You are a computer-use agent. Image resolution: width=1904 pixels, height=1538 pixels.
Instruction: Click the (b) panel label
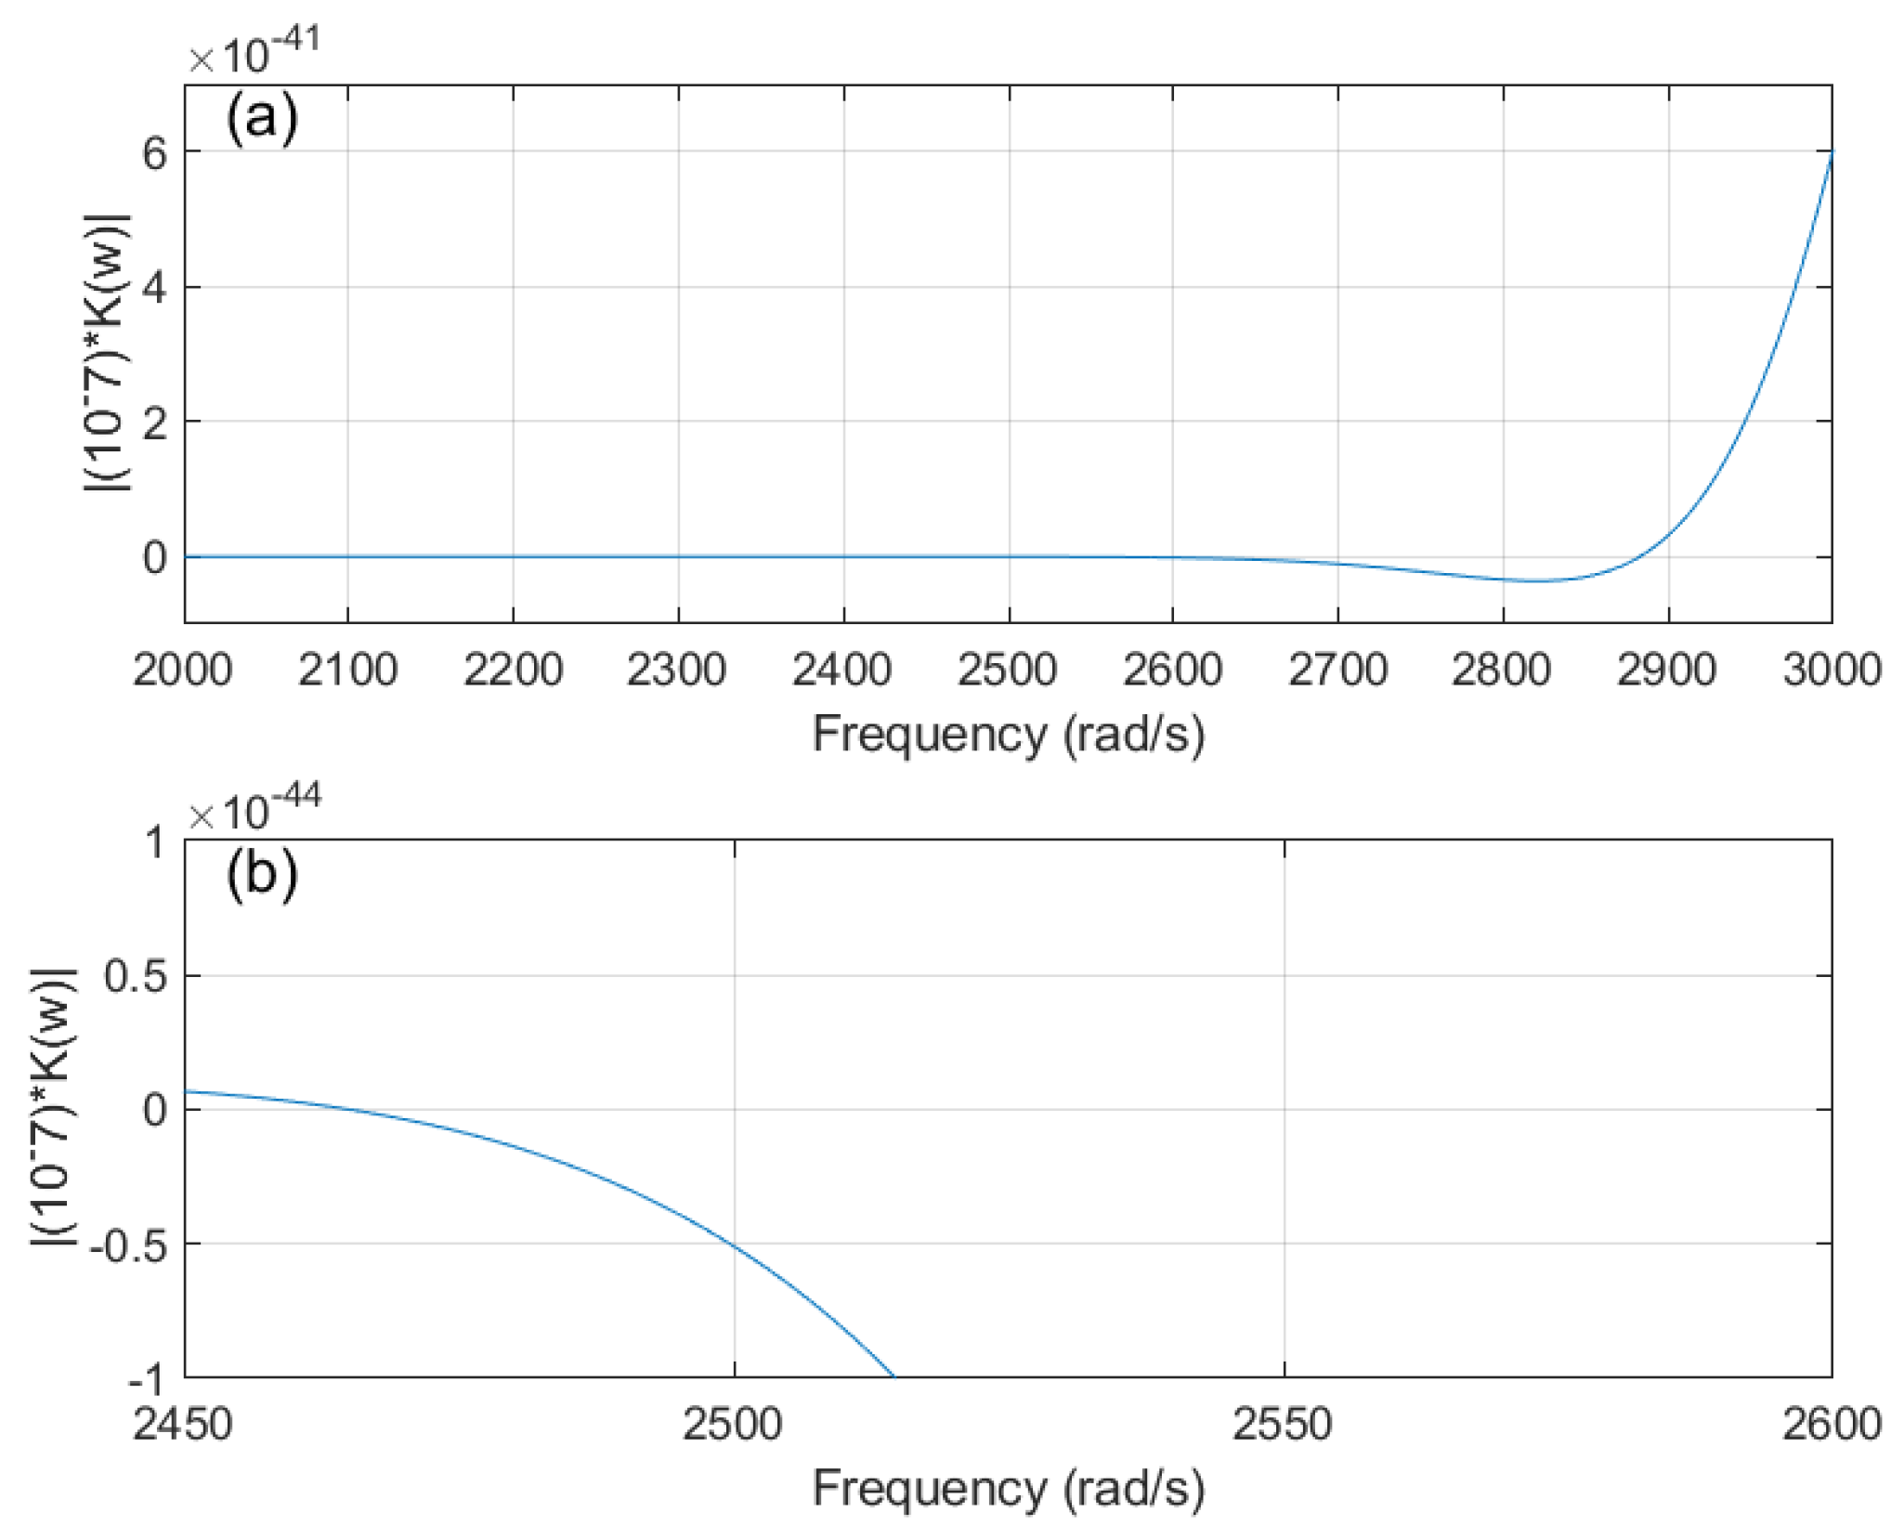[x=261, y=875]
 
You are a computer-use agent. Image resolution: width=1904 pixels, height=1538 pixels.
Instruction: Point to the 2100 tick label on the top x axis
[x=347, y=671]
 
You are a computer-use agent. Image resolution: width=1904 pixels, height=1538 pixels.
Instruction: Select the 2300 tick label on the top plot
[x=677, y=671]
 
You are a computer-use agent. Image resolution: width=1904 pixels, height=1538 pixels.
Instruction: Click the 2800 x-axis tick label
[x=1502, y=671]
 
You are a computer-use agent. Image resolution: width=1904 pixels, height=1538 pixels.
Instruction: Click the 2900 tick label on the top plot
[x=1667, y=671]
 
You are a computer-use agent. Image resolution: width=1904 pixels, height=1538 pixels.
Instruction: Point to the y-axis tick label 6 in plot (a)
[x=155, y=153]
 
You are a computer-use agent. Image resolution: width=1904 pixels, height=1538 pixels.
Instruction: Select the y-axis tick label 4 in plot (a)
[x=155, y=288]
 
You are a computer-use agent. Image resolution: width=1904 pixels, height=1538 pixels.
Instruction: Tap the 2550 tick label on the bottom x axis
[x=1283, y=1425]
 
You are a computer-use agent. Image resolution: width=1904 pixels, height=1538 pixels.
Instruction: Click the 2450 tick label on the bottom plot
[x=183, y=1425]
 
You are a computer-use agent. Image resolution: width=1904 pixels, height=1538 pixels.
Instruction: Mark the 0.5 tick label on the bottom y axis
[x=136, y=977]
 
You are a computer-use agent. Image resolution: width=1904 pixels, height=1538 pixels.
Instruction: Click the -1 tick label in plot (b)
[x=146, y=1381]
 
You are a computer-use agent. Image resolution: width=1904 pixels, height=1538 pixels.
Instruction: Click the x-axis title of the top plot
[x=1009, y=735]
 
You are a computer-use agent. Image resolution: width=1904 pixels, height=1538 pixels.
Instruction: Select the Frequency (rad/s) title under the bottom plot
[x=1009, y=1489]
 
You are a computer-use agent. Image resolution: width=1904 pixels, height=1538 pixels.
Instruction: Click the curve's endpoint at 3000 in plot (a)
[x=1832, y=150]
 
